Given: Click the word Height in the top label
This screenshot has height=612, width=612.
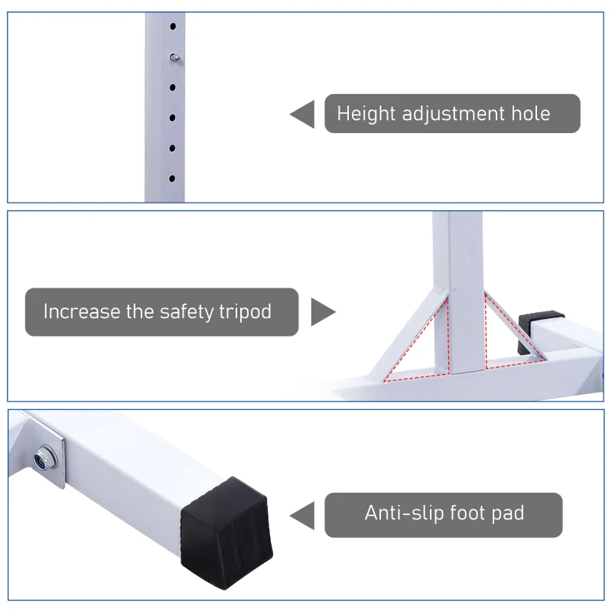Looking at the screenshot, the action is click(366, 114).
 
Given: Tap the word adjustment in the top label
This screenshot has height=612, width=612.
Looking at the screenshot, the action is click(454, 114).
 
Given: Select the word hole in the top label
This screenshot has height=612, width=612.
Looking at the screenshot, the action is click(531, 113).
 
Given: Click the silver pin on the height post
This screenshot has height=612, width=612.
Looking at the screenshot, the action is click(174, 58).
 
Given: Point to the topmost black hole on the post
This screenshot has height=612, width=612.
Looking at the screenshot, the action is click(173, 27).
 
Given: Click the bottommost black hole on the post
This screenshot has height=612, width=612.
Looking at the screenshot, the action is click(171, 179).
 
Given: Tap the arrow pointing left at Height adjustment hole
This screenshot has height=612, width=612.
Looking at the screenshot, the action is click(302, 114).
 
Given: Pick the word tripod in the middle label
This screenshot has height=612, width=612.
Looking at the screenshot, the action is click(245, 312).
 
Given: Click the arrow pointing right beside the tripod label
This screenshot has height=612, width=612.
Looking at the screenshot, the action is click(323, 312).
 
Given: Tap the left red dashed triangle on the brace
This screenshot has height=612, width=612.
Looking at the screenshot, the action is click(417, 339).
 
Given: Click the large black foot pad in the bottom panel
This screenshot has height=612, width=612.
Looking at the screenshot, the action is click(226, 533).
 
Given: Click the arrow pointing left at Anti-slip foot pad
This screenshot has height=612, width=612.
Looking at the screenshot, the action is click(302, 516).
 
